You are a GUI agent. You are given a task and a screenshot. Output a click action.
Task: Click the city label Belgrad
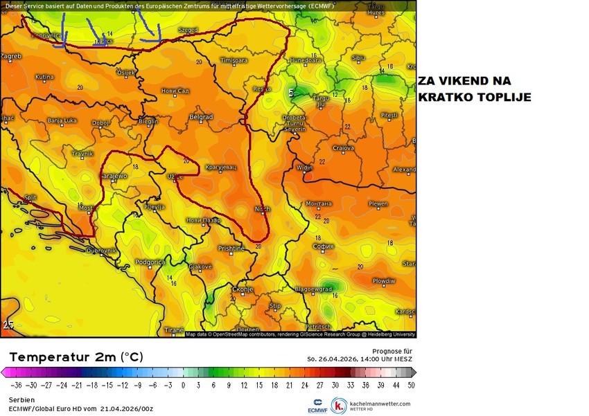tap(201, 117)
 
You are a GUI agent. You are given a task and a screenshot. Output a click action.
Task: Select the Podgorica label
tap(150, 262)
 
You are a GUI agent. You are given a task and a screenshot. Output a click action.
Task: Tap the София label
tap(323, 246)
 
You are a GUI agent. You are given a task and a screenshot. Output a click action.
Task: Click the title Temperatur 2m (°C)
tap(76, 357)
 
